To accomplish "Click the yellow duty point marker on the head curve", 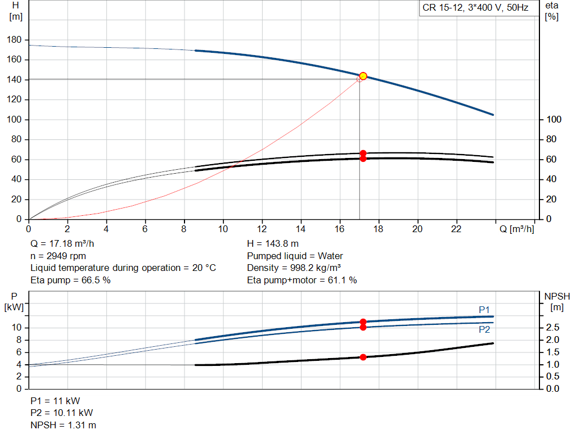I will [x=363, y=76].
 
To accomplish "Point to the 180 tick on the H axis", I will [x=15, y=40].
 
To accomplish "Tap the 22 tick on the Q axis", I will [x=456, y=229].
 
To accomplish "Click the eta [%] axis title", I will [x=552, y=11].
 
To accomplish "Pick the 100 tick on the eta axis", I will [x=554, y=120].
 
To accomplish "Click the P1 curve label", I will [x=484, y=310].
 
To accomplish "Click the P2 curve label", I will [x=484, y=330].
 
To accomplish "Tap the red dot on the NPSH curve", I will [x=363, y=357].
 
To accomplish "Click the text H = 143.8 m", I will [x=273, y=244].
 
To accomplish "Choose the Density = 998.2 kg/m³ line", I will [x=294, y=268].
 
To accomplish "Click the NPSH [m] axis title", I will [x=557, y=301].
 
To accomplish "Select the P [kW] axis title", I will [x=15, y=301].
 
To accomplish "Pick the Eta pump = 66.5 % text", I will [x=70, y=280].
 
